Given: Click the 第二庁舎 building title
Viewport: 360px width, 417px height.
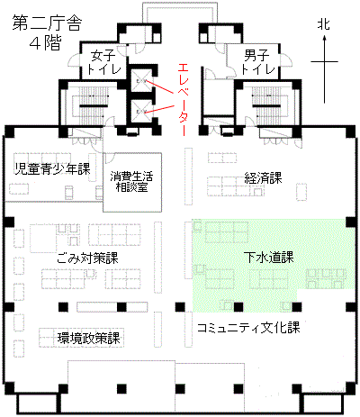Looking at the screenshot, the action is point(47,23).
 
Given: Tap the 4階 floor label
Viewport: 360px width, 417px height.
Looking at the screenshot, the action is point(46,43).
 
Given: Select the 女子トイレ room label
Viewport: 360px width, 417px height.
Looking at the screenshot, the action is point(103,62).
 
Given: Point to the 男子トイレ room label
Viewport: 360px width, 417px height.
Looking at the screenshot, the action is point(257,62).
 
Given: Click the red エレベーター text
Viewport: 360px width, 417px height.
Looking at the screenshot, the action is point(183,100).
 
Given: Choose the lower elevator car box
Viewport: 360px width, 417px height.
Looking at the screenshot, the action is point(140,112).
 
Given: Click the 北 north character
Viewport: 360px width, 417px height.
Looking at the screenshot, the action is point(324,24).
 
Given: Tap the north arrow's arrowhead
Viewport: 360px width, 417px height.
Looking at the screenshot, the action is point(324,38).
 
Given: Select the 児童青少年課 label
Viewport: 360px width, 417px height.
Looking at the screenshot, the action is point(53,169).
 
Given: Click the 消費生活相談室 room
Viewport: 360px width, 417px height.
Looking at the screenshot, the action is point(132,182).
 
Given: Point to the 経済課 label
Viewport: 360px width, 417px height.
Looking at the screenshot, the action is point(263,178).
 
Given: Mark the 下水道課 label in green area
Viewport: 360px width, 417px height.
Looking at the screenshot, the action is point(269,258).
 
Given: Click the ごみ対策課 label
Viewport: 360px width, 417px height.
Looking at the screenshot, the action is point(88,258).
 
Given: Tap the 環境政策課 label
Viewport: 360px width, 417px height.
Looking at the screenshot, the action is point(89,339).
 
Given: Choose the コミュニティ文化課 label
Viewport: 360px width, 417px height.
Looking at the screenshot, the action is point(248,327).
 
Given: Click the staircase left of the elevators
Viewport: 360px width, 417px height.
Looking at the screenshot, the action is point(91,105).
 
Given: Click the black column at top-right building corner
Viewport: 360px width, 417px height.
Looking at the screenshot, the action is point(350,131).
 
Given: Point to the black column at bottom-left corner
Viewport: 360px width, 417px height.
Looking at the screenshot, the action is point(10,388).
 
